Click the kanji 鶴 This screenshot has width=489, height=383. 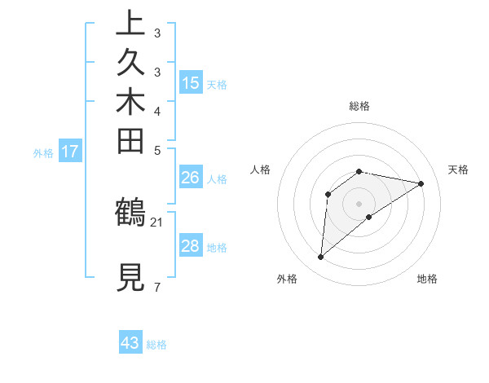click(x=130, y=212)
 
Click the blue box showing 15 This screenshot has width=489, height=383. click(x=191, y=83)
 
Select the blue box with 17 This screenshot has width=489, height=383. click(x=70, y=151)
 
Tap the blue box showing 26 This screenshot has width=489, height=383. click(x=191, y=177)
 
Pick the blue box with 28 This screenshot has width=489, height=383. click(x=191, y=246)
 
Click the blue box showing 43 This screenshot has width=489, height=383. click(x=130, y=343)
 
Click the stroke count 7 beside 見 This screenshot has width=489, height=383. click(x=156, y=288)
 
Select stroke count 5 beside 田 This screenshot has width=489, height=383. click(x=156, y=150)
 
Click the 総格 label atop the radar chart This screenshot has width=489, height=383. click(x=359, y=106)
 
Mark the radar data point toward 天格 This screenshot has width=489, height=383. click(x=421, y=183)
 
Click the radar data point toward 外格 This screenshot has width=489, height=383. click(x=321, y=258)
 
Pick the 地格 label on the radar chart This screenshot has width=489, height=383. click(x=427, y=280)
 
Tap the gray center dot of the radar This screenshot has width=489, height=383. click(x=359, y=203)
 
